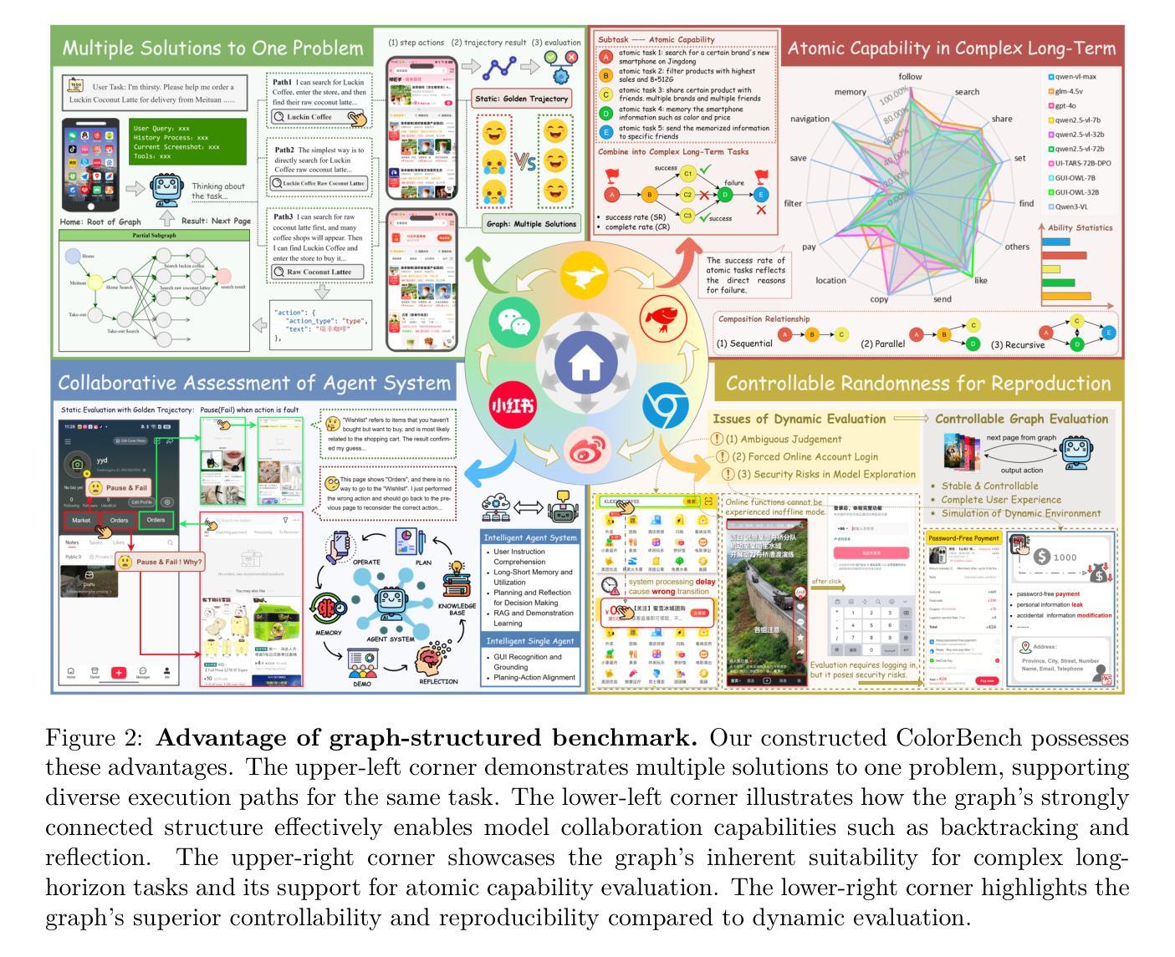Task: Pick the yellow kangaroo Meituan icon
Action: click(x=585, y=277)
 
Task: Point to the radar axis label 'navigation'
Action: click(x=810, y=119)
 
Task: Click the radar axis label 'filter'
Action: click(x=793, y=203)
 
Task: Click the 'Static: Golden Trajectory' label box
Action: click(x=521, y=99)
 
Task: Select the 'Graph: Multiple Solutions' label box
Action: click(x=532, y=224)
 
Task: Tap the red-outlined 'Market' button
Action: click(x=81, y=520)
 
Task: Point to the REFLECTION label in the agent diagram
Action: click(x=438, y=681)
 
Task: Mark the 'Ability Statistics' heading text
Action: click(x=1080, y=227)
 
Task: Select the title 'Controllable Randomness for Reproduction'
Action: click(x=918, y=384)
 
